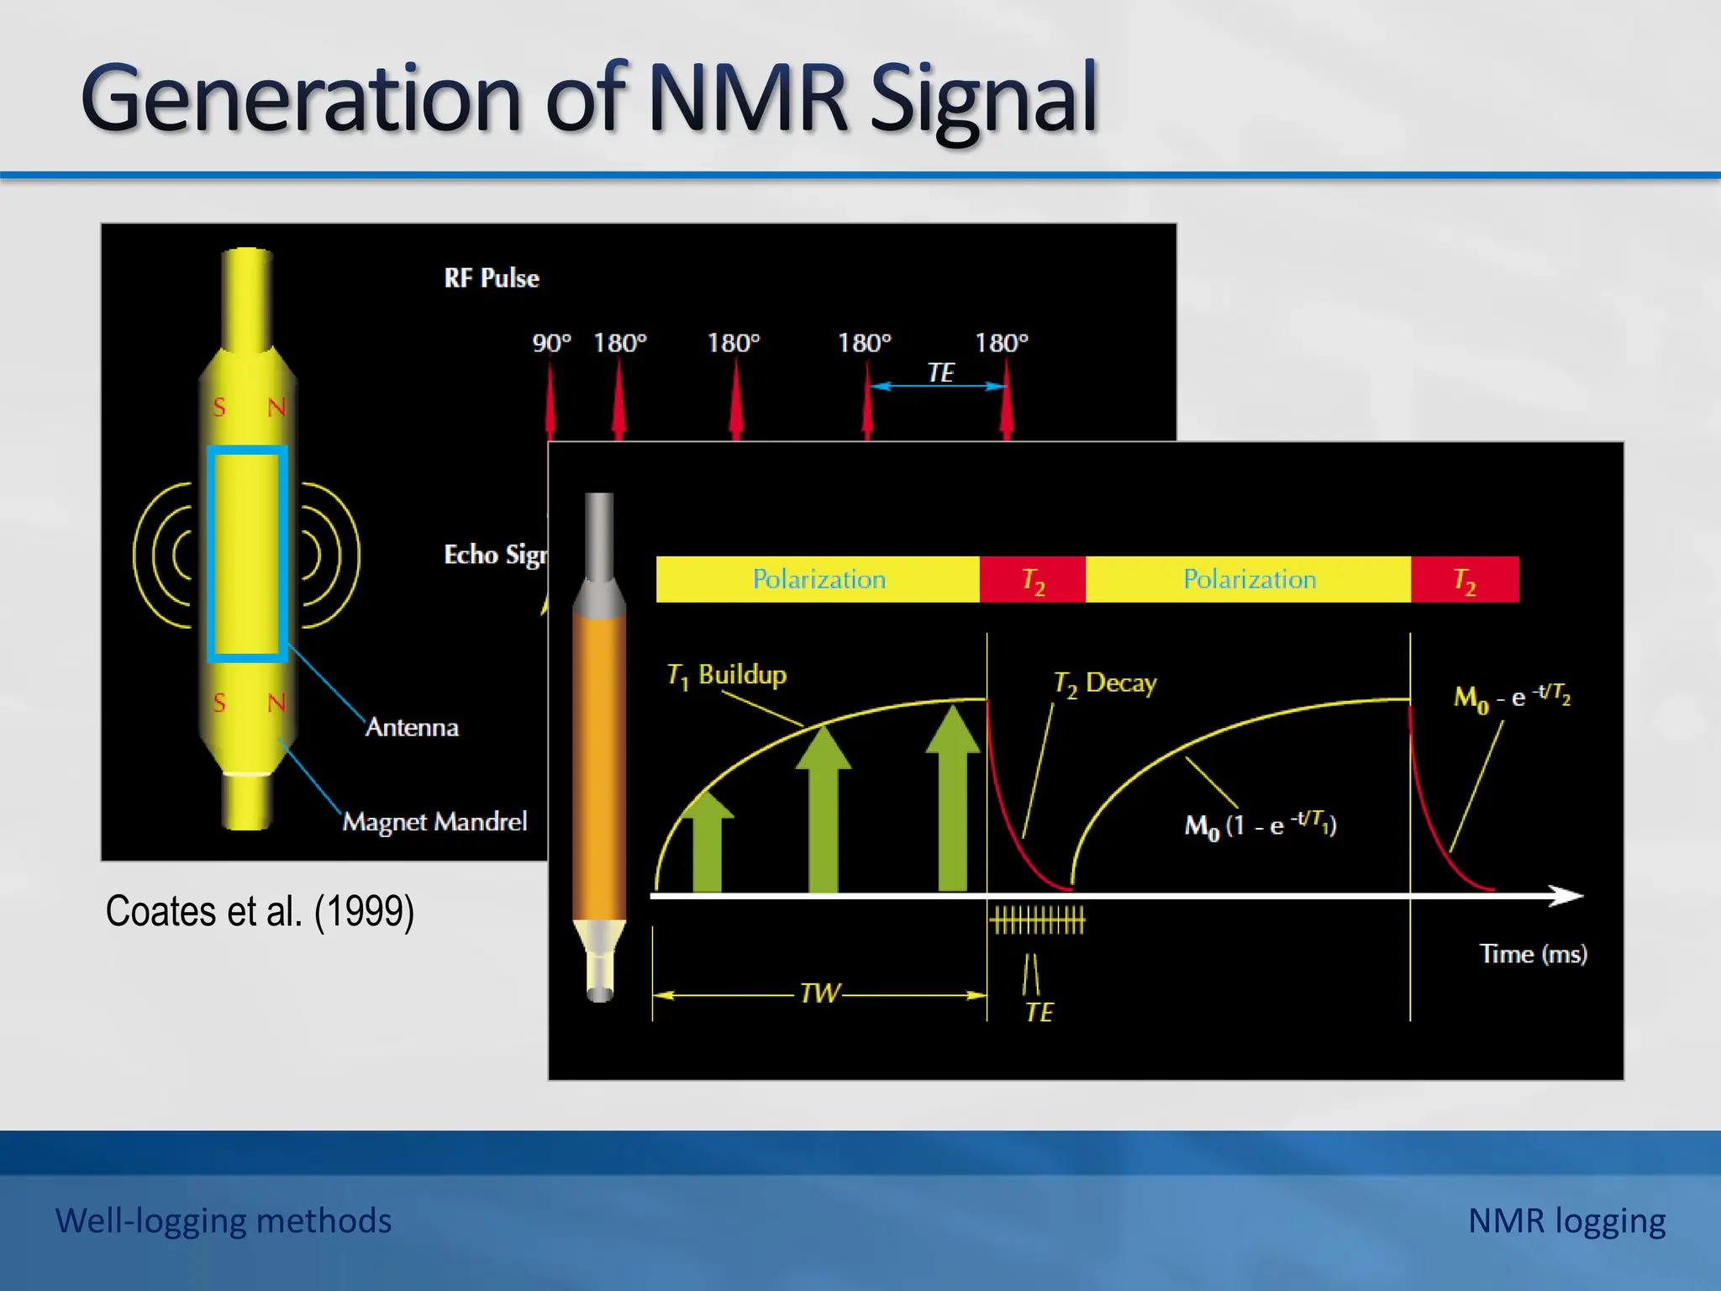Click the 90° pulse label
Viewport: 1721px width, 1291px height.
tap(551, 343)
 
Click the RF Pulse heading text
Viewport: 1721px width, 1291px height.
tap(492, 278)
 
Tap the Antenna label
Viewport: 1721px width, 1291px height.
tap(412, 727)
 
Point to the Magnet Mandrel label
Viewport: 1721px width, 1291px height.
tap(434, 821)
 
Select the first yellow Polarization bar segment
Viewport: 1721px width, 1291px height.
tap(818, 579)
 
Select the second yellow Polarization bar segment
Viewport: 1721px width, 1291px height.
tap(1249, 579)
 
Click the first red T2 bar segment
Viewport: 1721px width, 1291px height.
tap(1033, 579)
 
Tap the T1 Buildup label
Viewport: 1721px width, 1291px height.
tap(727, 675)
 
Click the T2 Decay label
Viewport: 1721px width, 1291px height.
tap(1105, 683)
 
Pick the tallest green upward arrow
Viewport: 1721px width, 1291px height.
tap(952, 798)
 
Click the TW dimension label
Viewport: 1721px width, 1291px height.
tap(819, 993)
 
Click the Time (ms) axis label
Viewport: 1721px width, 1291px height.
tap(1533, 954)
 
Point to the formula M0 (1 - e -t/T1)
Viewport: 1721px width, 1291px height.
tap(1260, 824)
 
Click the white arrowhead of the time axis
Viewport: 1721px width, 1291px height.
tap(1566, 896)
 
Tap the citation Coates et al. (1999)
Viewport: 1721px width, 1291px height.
tap(260, 912)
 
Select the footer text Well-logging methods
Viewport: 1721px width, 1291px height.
tap(224, 1220)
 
